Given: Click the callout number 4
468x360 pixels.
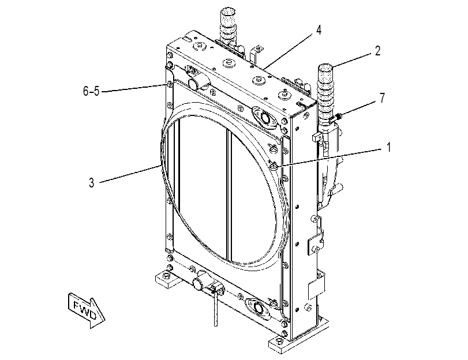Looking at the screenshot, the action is point(319,30).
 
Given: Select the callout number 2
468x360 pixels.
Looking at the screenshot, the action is point(377,51).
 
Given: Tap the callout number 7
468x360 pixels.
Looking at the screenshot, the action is point(383,98).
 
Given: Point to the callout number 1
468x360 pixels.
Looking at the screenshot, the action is point(388,147).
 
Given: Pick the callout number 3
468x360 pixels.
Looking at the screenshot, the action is point(92,183).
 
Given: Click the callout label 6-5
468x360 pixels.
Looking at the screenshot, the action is point(91,91).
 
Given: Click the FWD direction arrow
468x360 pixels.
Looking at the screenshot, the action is point(86,310).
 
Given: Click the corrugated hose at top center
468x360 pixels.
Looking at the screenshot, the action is point(228,28).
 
